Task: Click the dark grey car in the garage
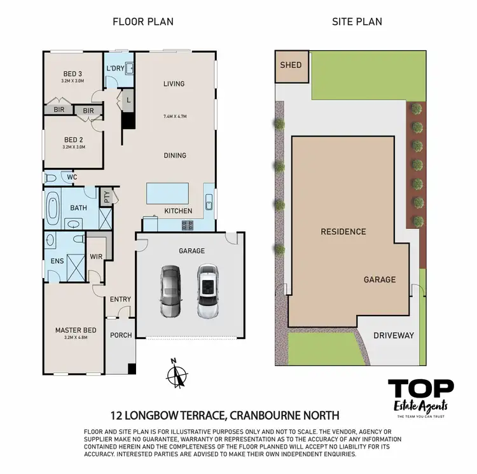[170, 291]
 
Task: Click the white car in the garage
[207, 291]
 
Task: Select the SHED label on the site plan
[291, 66]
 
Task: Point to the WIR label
[96, 256]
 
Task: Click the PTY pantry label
[107, 197]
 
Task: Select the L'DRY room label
[115, 68]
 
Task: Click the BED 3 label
[73, 74]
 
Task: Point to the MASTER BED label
[76, 330]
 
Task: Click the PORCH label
[121, 335]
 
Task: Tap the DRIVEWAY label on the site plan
[393, 335]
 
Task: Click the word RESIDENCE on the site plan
[343, 232]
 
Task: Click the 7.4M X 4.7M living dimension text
[174, 116]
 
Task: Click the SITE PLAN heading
[357, 22]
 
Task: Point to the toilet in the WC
[50, 178]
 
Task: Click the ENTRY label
[120, 300]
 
